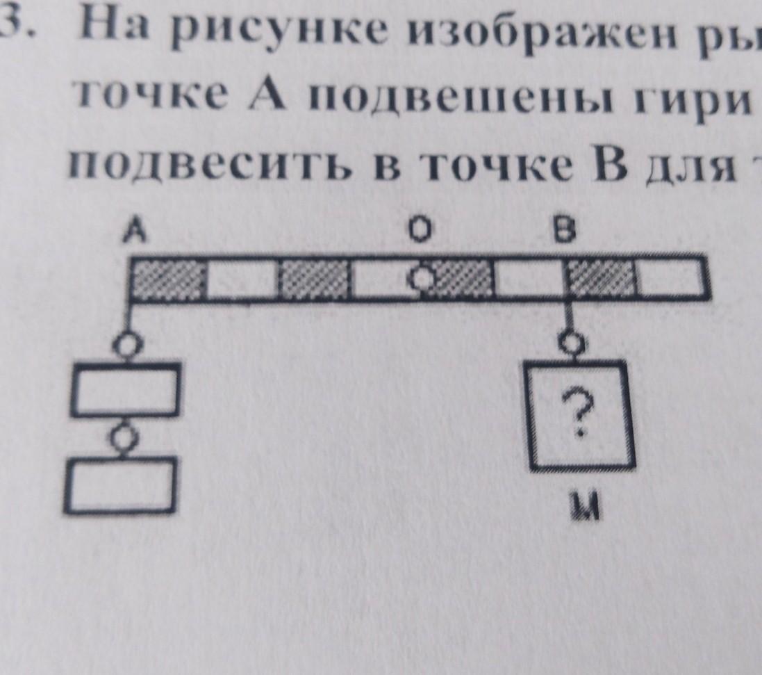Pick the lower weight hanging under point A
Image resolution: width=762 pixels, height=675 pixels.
point(122,486)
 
